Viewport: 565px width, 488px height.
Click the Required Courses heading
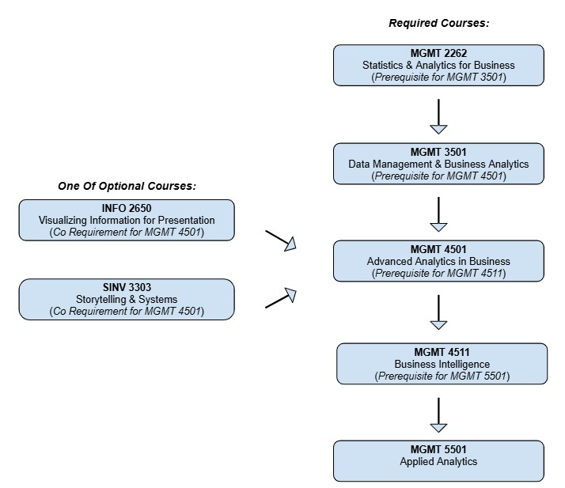[x=438, y=23]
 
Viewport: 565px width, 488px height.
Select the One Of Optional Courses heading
[x=127, y=186]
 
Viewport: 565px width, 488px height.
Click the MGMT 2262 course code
[x=438, y=53]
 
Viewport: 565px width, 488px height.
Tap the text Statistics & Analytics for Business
[x=438, y=65]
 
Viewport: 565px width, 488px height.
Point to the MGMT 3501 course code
[x=438, y=152]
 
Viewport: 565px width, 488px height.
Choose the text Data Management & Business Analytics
[x=438, y=164]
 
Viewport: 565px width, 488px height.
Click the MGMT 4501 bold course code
[x=438, y=249]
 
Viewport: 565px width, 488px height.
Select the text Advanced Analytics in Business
[x=438, y=261]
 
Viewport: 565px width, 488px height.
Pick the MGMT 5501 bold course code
[x=438, y=449]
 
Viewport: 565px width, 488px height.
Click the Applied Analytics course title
[x=438, y=461]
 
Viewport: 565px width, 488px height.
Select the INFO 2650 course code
[x=127, y=208]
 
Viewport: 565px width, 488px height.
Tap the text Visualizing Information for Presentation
[x=127, y=220]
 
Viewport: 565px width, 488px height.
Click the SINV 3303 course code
[x=127, y=287]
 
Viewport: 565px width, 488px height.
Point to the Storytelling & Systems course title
[x=127, y=299]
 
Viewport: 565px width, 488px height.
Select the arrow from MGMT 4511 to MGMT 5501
[x=438, y=415]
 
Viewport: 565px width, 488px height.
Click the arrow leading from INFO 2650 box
[x=280, y=240]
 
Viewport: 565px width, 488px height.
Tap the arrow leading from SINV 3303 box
[x=280, y=298]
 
